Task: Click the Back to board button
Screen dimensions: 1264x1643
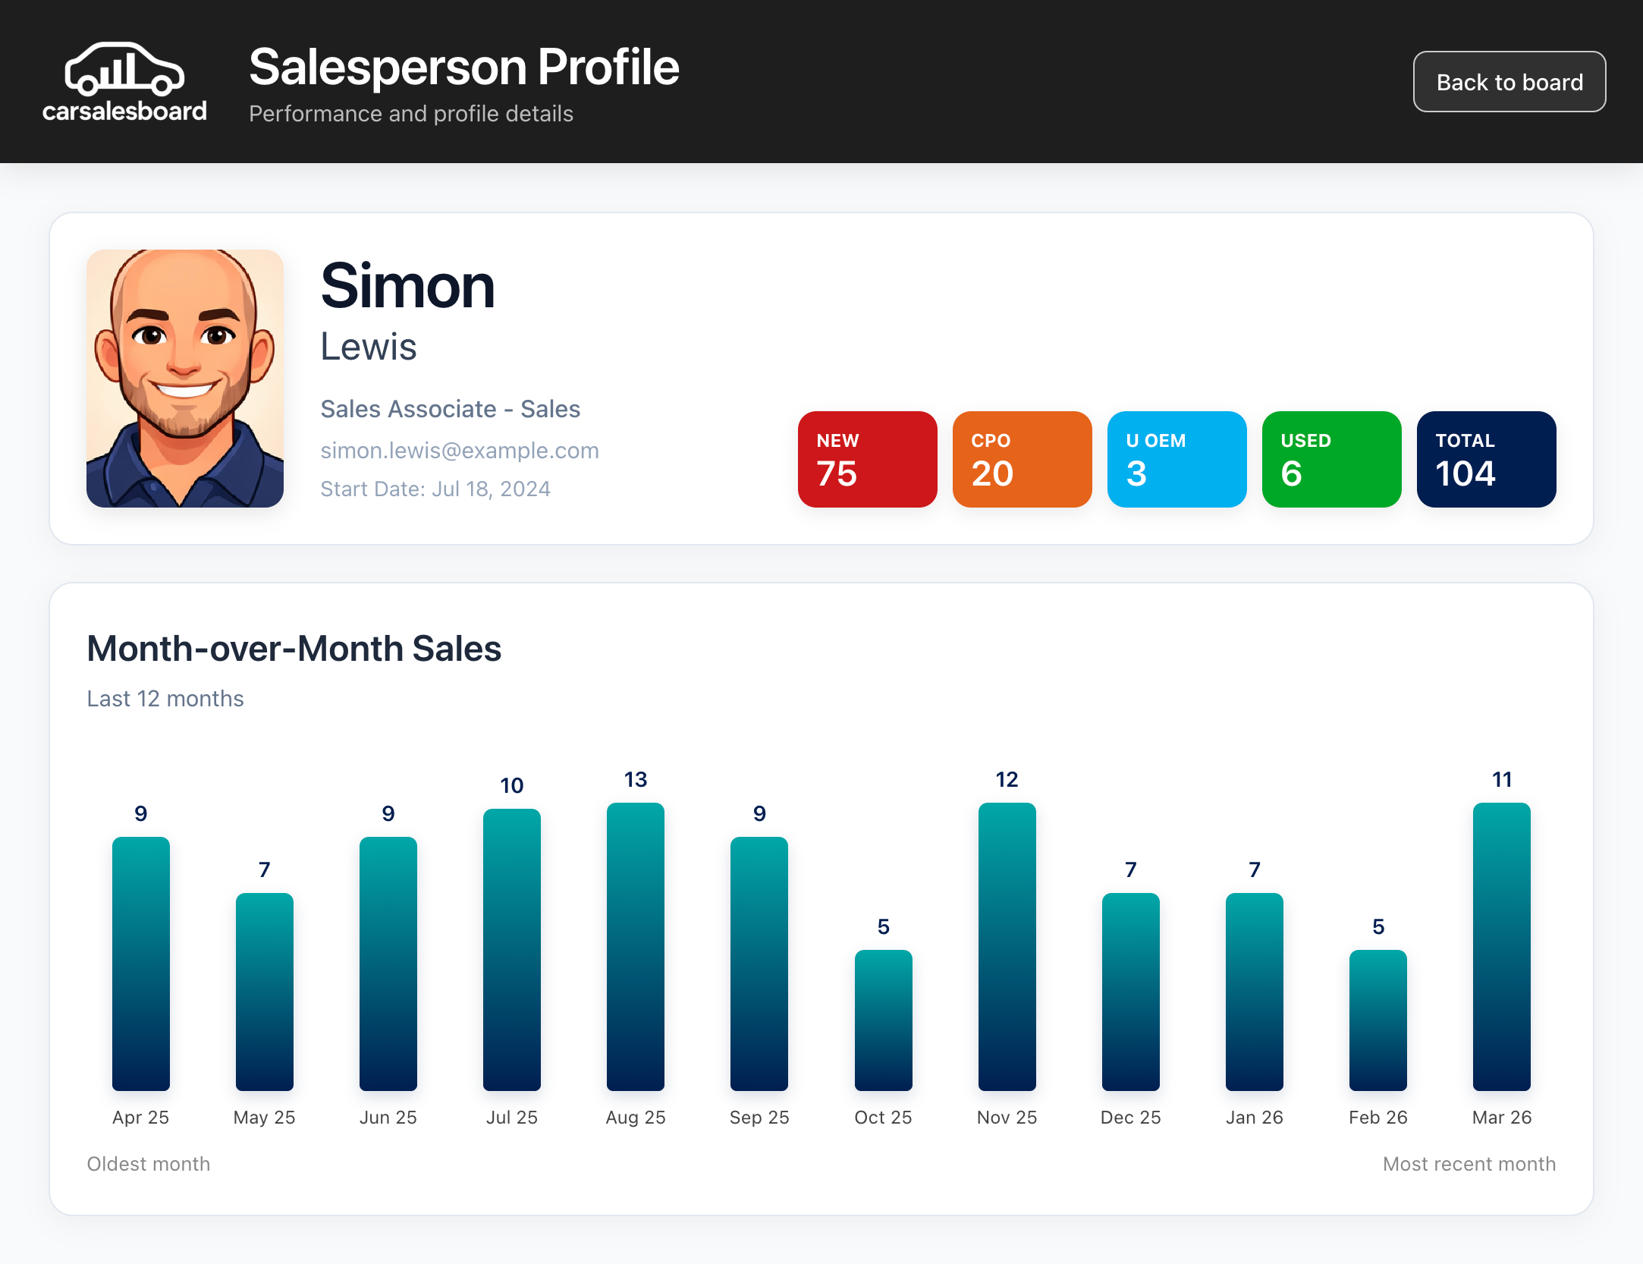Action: coord(1509,82)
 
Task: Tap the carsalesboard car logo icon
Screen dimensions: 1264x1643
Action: coord(124,69)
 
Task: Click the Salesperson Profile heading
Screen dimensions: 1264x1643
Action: coord(463,67)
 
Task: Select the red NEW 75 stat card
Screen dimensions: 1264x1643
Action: coord(867,459)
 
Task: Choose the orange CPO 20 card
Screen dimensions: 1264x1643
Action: coord(1022,459)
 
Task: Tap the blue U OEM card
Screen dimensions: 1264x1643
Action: coord(1176,459)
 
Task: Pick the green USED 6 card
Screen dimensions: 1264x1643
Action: coord(1331,459)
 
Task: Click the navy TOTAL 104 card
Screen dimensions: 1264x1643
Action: coord(1486,459)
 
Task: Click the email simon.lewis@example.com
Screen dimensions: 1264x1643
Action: coord(460,451)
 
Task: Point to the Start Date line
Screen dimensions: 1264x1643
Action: coord(435,489)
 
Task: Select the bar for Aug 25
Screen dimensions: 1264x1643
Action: coord(636,947)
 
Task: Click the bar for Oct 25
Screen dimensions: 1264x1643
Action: coord(883,1020)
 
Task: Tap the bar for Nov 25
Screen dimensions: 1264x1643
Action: coord(1007,947)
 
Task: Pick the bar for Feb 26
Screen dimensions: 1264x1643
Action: coord(1378,1020)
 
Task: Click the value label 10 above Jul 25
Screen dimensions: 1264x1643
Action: coord(512,785)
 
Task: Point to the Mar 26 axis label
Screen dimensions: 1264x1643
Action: coord(1501,1117)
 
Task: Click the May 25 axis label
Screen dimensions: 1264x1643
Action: coord(264,1117)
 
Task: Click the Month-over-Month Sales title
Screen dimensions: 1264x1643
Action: coord(294,649)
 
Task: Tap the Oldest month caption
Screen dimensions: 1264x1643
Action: coord(149,1164)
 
